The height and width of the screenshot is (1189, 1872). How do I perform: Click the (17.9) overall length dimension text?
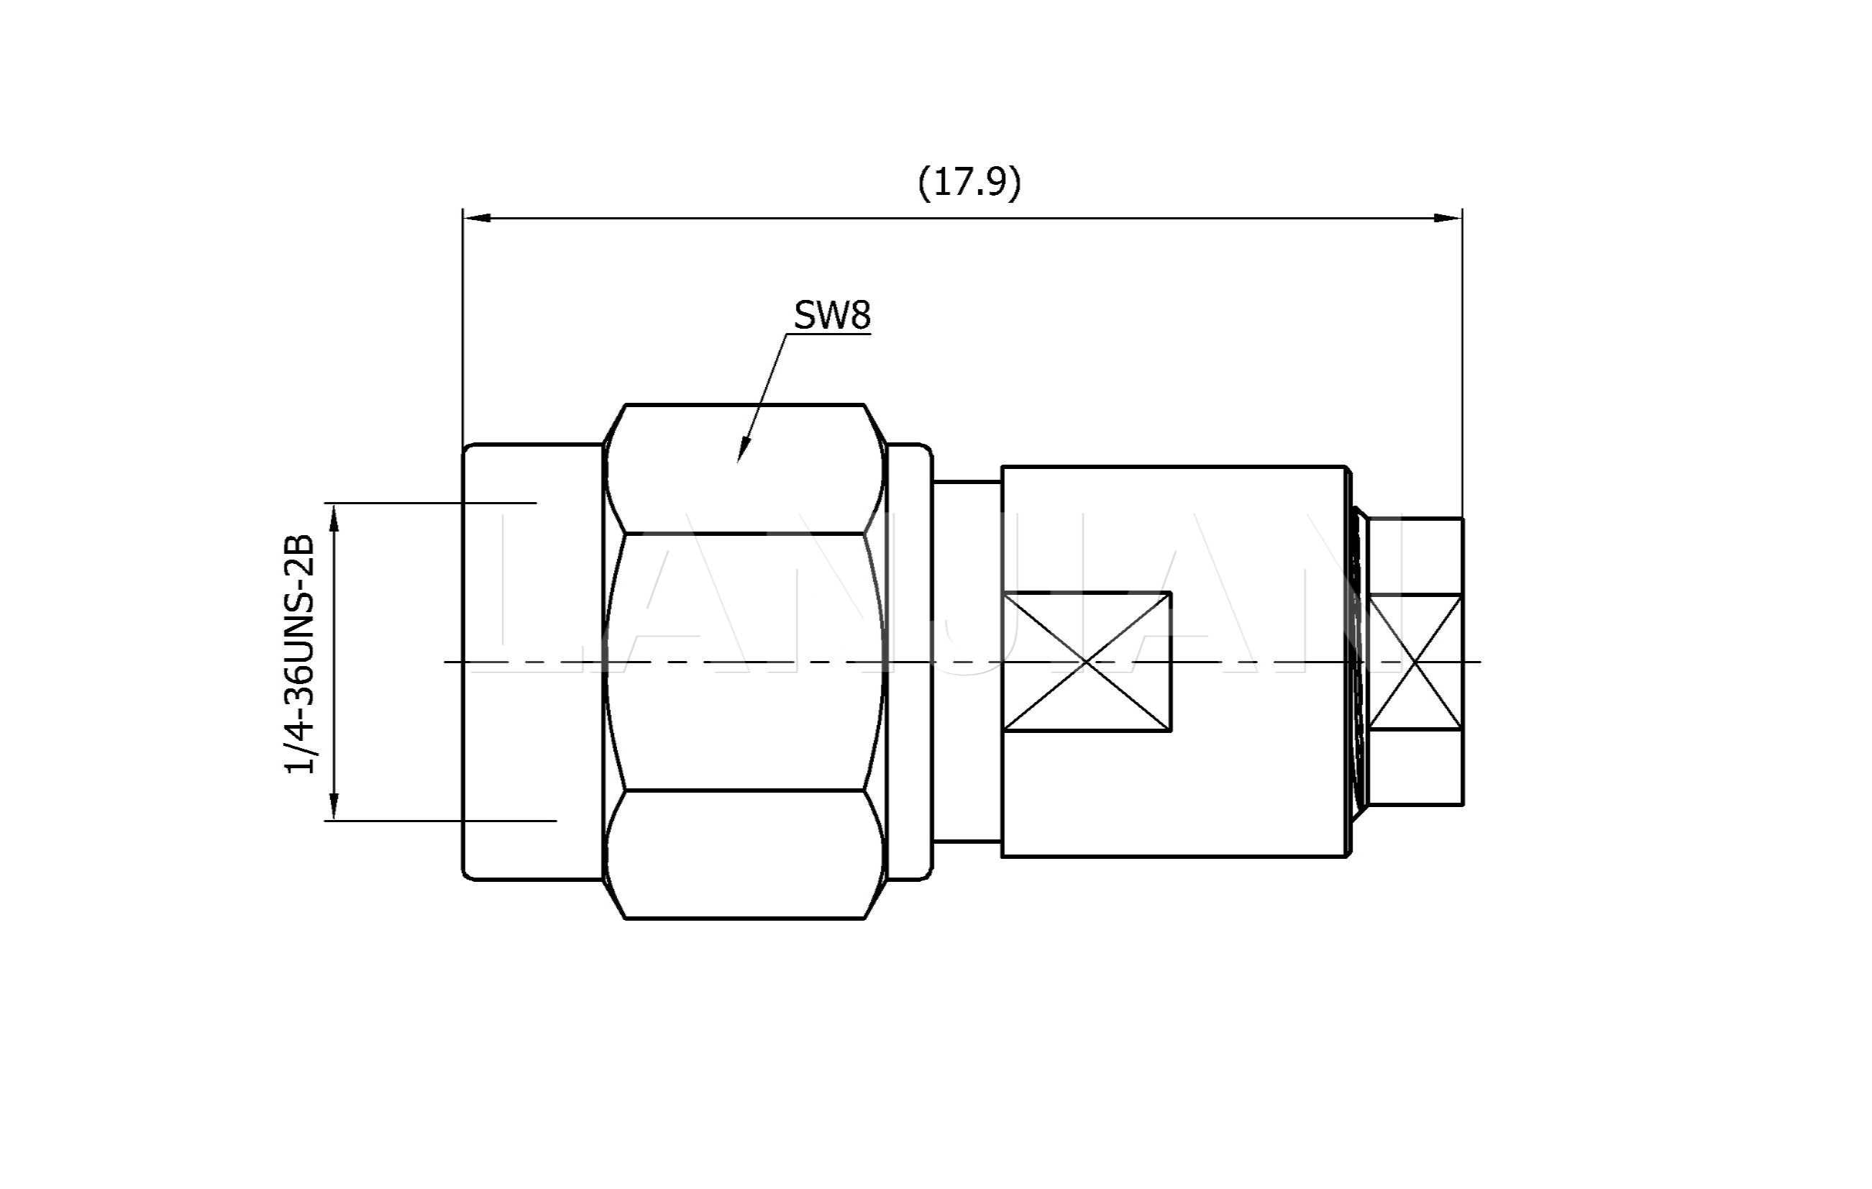pyautogui.click(x=969, y=182)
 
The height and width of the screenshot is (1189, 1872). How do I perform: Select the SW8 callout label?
pyautogui.click(x=832, y=315)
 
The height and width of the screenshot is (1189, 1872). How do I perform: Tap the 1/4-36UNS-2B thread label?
pyautogui.click(x=300, y=653)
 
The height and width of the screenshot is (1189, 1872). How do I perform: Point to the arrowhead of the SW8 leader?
pyautogui.click(x=742, y=450)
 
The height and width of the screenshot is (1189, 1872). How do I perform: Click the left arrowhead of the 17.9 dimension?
pyautogui.click(x=477, y=218)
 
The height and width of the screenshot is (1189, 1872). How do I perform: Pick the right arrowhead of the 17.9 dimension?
pyautogui.click(x=1448, y=218)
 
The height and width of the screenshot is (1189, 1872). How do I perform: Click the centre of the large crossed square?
pyautogui.click(x=1087, y=662)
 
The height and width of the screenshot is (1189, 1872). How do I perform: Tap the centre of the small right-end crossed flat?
pyautogui.click(x=1415, y=662)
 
